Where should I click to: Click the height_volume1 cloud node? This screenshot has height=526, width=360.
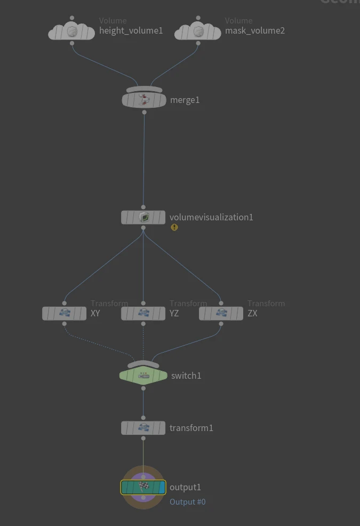point(72,32)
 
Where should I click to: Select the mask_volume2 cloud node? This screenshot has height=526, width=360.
point(198,32)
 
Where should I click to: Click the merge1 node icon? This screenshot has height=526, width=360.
point(143,100)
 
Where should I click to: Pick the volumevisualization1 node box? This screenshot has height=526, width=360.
point(143,217)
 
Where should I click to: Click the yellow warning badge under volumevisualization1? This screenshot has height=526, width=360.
point(174,227)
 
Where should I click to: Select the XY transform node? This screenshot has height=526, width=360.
point(64,313)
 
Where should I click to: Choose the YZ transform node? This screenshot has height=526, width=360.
point(143,313)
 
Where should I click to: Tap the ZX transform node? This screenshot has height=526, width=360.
point(221,313)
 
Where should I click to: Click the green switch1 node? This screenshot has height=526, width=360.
point(143,376)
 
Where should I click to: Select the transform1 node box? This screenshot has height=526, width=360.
point(143,428)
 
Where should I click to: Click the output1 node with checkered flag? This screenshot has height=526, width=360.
point(143,487)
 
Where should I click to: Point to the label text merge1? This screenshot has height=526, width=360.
point(185,100)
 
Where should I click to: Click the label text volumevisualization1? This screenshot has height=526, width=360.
point(211,217)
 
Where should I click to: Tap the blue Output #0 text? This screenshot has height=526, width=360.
point(187,502)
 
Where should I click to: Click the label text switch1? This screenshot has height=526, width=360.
point(186,376)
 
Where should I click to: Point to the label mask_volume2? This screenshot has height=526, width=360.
point(254,30)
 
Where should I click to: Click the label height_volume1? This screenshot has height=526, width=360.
point(131,30)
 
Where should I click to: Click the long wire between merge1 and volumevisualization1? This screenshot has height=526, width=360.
point(143,160)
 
